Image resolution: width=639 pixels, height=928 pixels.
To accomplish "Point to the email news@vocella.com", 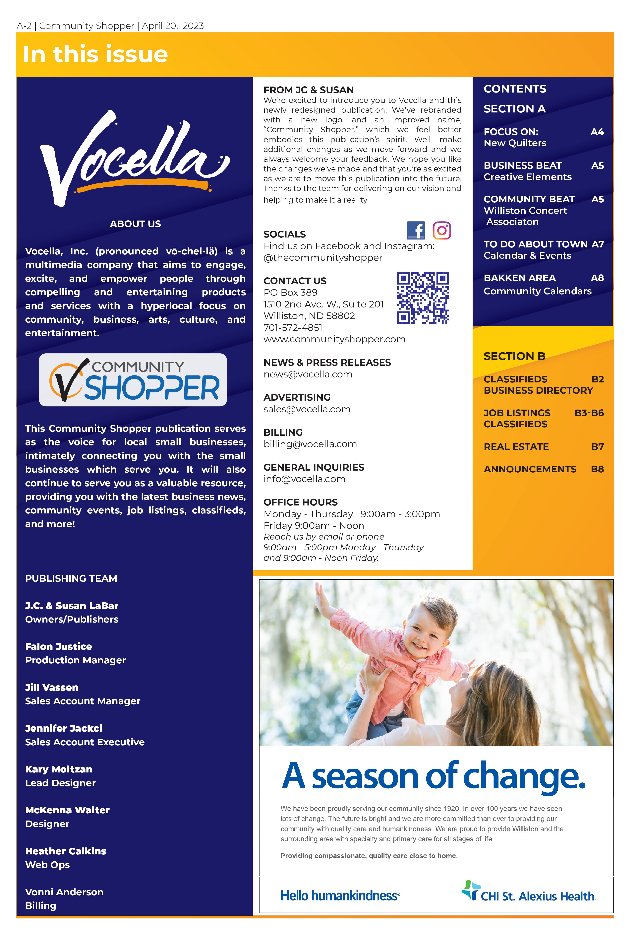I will tap(308, 374).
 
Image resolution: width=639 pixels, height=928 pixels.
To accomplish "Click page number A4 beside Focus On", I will tap(597, 132).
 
